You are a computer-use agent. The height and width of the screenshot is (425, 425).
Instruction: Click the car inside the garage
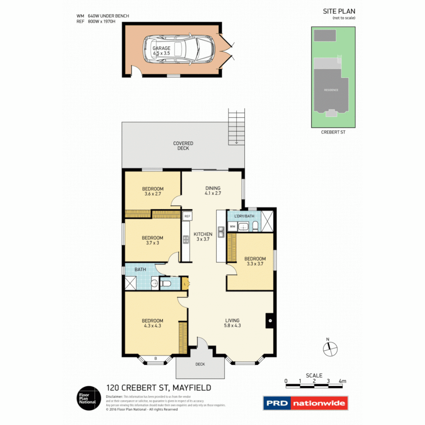click(179, 50)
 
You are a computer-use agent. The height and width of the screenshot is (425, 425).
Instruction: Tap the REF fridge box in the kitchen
click(187, 216)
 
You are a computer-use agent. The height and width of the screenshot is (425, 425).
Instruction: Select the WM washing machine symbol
click(233, 227)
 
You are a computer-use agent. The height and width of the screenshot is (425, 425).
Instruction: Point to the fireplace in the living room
click(270, 320)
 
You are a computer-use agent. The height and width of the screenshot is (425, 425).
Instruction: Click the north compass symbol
click(330, 348)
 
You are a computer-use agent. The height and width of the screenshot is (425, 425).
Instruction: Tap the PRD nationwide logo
click(305, 403)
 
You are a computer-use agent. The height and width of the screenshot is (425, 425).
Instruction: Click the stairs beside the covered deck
click(236, 128)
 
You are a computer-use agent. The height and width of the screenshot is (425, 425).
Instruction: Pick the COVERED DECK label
click(183, 146)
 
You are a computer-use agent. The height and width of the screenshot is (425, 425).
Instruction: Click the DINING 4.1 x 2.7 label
click(213, 191)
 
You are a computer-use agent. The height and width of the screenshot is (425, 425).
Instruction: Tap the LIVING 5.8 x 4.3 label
click(232, 323)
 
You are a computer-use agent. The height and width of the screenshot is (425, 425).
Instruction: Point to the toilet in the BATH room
click(166, 283)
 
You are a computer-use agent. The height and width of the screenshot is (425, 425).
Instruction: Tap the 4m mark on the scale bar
click(342, 381)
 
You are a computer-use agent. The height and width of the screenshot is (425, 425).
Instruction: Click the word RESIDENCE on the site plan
click(331, 90)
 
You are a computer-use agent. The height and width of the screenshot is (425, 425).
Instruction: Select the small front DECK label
click(200, 364)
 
